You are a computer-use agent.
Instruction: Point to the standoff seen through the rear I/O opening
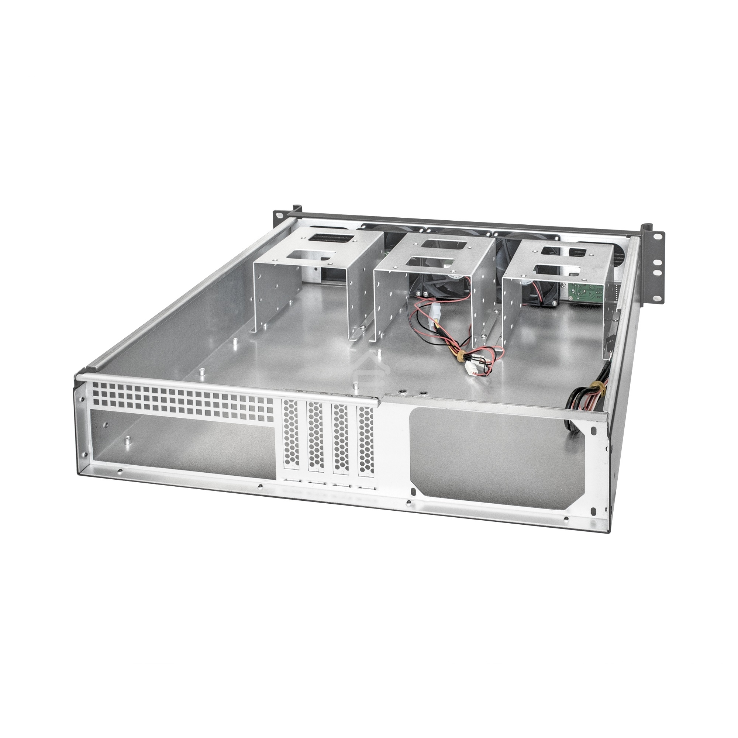(127, 441)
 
